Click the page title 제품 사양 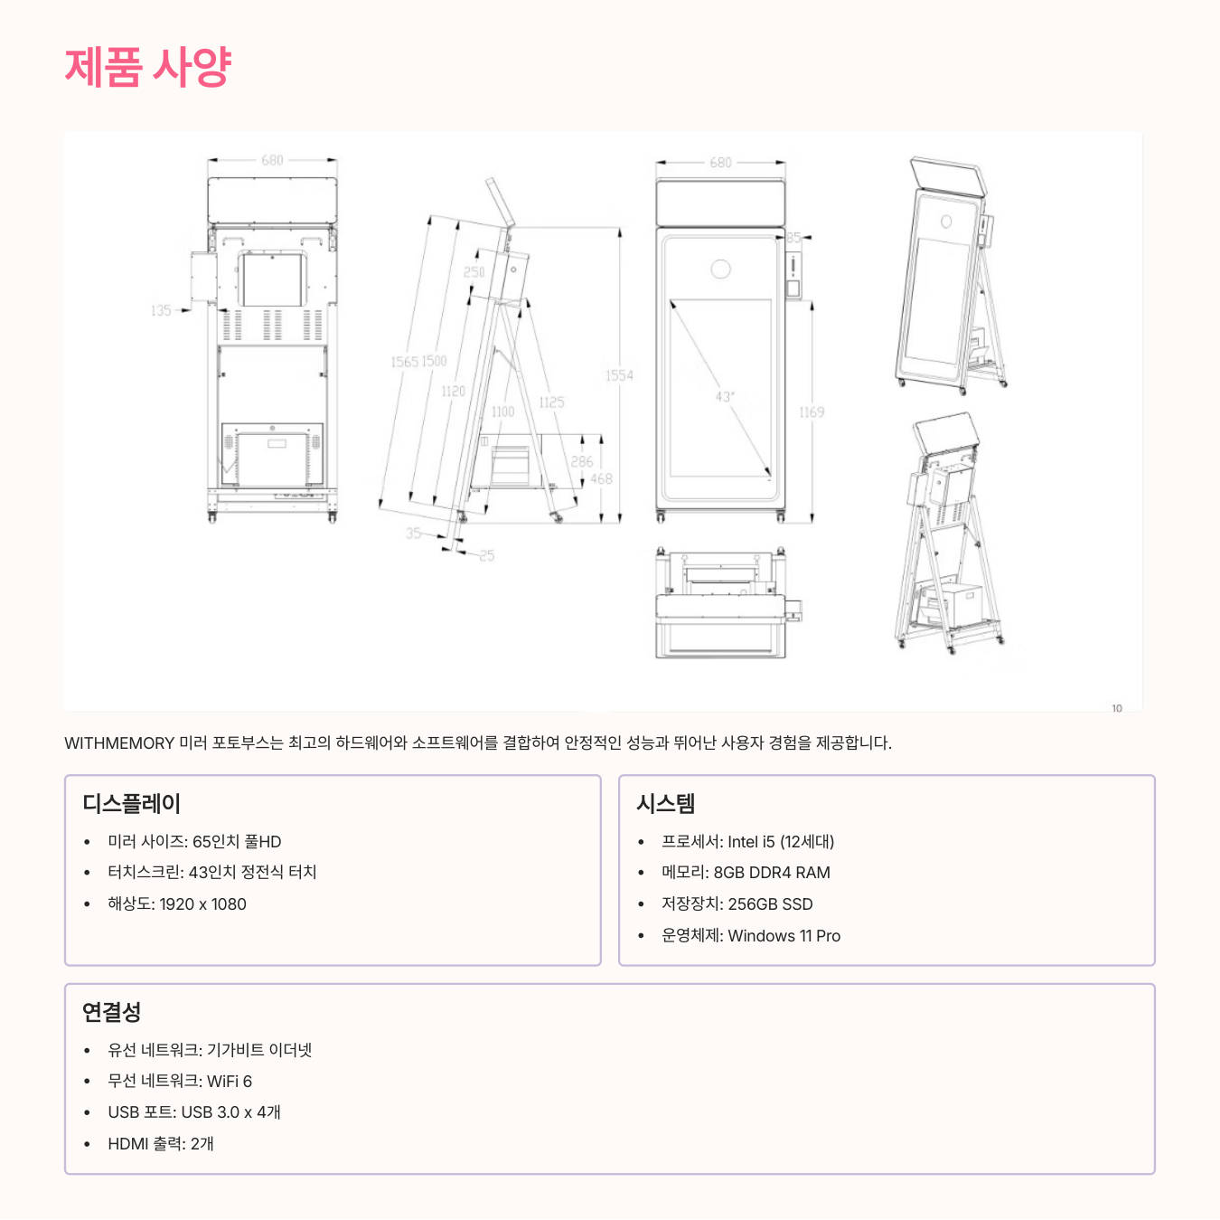point(148,67)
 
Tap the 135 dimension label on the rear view point(161,310)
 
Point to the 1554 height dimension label point(619,375)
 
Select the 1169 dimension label point(812,412)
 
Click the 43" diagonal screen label point(725,396)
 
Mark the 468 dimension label point(601,479)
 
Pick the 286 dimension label point(582,461)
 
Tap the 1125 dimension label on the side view point(551,402)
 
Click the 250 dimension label point(474,272)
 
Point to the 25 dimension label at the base point(487,555)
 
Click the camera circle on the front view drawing point(720,269)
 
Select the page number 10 point(1117,708)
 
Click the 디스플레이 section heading point(132,803)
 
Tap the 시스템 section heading point(665,803)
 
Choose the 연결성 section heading point(111,1012)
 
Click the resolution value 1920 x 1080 point(202,904)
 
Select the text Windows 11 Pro point(784,936)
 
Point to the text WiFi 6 point(230,1082)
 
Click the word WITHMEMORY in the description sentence point(119,743)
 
